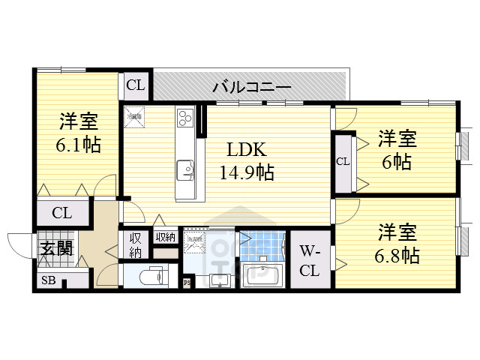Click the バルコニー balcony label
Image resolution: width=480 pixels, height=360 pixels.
(x=251, y=87)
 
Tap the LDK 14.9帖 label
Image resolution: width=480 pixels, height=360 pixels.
(x=246, y=161)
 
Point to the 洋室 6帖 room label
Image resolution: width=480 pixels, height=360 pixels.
(x=396, y=150)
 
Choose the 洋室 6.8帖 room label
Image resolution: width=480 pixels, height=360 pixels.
(x=397, y=244)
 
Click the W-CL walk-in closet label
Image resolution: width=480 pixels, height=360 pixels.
(x=310, y=260)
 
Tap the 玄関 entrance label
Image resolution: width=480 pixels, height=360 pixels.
(x=56, y=248)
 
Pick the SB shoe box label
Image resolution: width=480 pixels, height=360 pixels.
(x=46, y=282)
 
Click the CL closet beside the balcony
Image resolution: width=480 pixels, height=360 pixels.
(x=136, y=85)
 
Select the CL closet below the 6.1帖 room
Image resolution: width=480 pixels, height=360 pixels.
(x=62, y=213)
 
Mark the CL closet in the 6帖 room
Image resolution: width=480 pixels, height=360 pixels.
(x=343, y=161)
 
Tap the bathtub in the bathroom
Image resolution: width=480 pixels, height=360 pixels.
(x=260, y=275)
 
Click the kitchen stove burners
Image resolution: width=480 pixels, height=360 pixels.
(x=185, y=118)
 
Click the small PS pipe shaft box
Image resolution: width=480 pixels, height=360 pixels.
(x=187, y=283)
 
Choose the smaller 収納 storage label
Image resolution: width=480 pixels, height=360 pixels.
(x=165, y=237)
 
